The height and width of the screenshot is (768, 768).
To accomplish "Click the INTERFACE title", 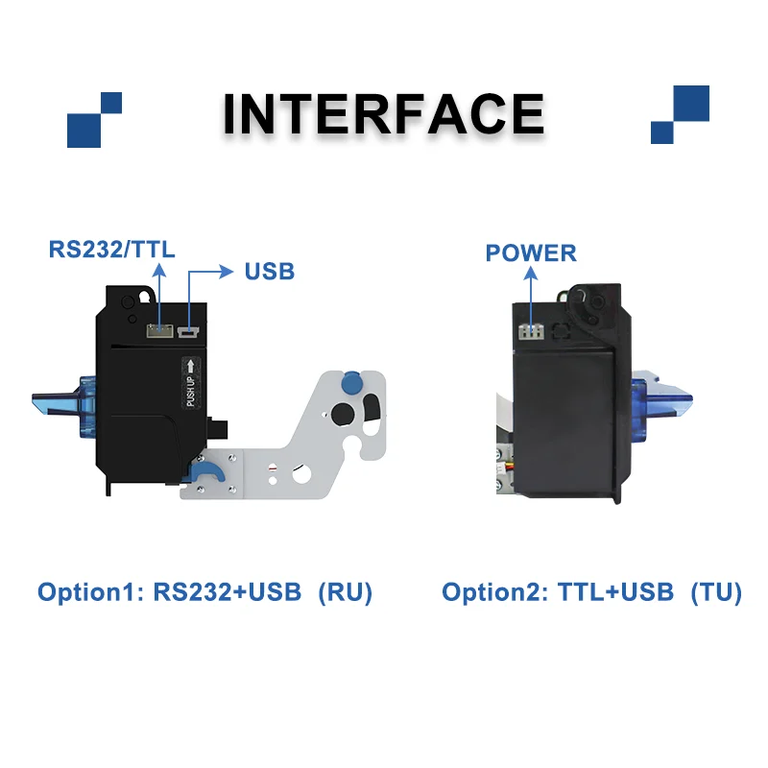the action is point(383,113).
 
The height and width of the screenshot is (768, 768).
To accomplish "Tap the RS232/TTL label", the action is point(111,250).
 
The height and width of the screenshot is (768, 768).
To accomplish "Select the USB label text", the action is point(270,272).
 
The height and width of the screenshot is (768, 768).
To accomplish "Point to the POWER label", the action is point(531,253).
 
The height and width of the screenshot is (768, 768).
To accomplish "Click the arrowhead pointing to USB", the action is point(226,272).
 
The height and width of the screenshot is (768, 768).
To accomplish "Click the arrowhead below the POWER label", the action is point(531,274).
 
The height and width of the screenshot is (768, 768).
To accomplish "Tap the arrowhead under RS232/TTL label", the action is point(158,271).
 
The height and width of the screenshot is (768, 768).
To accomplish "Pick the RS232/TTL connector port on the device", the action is point(159,330).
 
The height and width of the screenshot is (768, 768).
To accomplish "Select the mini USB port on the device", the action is point(188,331).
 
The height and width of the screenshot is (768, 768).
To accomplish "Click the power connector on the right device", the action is point(531,331).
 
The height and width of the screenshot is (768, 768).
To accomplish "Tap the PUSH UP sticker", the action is point(190,382).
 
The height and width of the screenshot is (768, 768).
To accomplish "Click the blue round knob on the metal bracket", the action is point(350,382).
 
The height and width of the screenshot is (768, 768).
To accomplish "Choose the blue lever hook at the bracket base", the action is point(205,471).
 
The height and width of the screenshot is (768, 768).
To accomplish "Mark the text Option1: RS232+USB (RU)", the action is point(205,591).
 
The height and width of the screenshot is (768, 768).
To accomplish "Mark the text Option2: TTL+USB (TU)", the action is point(591,591).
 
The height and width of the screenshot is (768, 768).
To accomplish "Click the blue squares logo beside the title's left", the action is point(94,119).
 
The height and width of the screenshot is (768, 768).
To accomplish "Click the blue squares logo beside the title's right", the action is point(680,114).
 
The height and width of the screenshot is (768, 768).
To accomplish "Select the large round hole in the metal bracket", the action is point(343,414).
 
